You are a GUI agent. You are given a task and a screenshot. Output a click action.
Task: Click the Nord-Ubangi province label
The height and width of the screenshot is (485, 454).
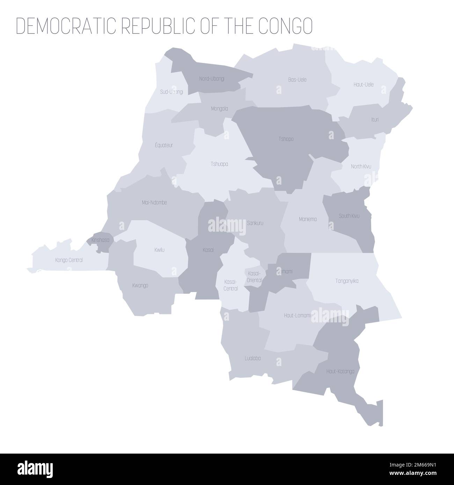212,79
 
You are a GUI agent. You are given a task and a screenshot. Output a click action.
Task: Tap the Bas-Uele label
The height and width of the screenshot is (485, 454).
297,80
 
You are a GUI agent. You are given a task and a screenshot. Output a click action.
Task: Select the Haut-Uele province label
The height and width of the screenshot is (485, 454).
363,84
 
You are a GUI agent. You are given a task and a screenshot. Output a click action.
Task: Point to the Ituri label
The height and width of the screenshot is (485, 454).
375,119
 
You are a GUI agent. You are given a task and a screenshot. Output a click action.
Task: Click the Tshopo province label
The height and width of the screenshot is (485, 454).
286,139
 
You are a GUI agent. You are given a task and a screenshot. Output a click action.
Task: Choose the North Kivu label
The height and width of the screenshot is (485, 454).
361,167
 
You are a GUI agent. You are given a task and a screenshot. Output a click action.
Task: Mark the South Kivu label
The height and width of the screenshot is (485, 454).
349,216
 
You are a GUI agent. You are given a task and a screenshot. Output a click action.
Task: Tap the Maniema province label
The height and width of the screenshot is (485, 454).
308,219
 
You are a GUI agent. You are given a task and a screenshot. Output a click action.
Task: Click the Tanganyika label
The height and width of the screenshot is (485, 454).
347,281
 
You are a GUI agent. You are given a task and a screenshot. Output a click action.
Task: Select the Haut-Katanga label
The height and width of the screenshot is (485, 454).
340,371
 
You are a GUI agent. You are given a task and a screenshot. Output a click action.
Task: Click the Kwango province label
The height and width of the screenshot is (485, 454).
140,285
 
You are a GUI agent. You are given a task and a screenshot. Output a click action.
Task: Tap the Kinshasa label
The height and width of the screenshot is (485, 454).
100,240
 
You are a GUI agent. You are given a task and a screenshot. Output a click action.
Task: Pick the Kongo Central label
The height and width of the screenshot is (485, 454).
69,260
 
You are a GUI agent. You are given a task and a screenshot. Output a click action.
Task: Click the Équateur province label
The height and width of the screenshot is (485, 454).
164,145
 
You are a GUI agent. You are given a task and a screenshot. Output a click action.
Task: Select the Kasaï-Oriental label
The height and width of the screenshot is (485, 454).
254,276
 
